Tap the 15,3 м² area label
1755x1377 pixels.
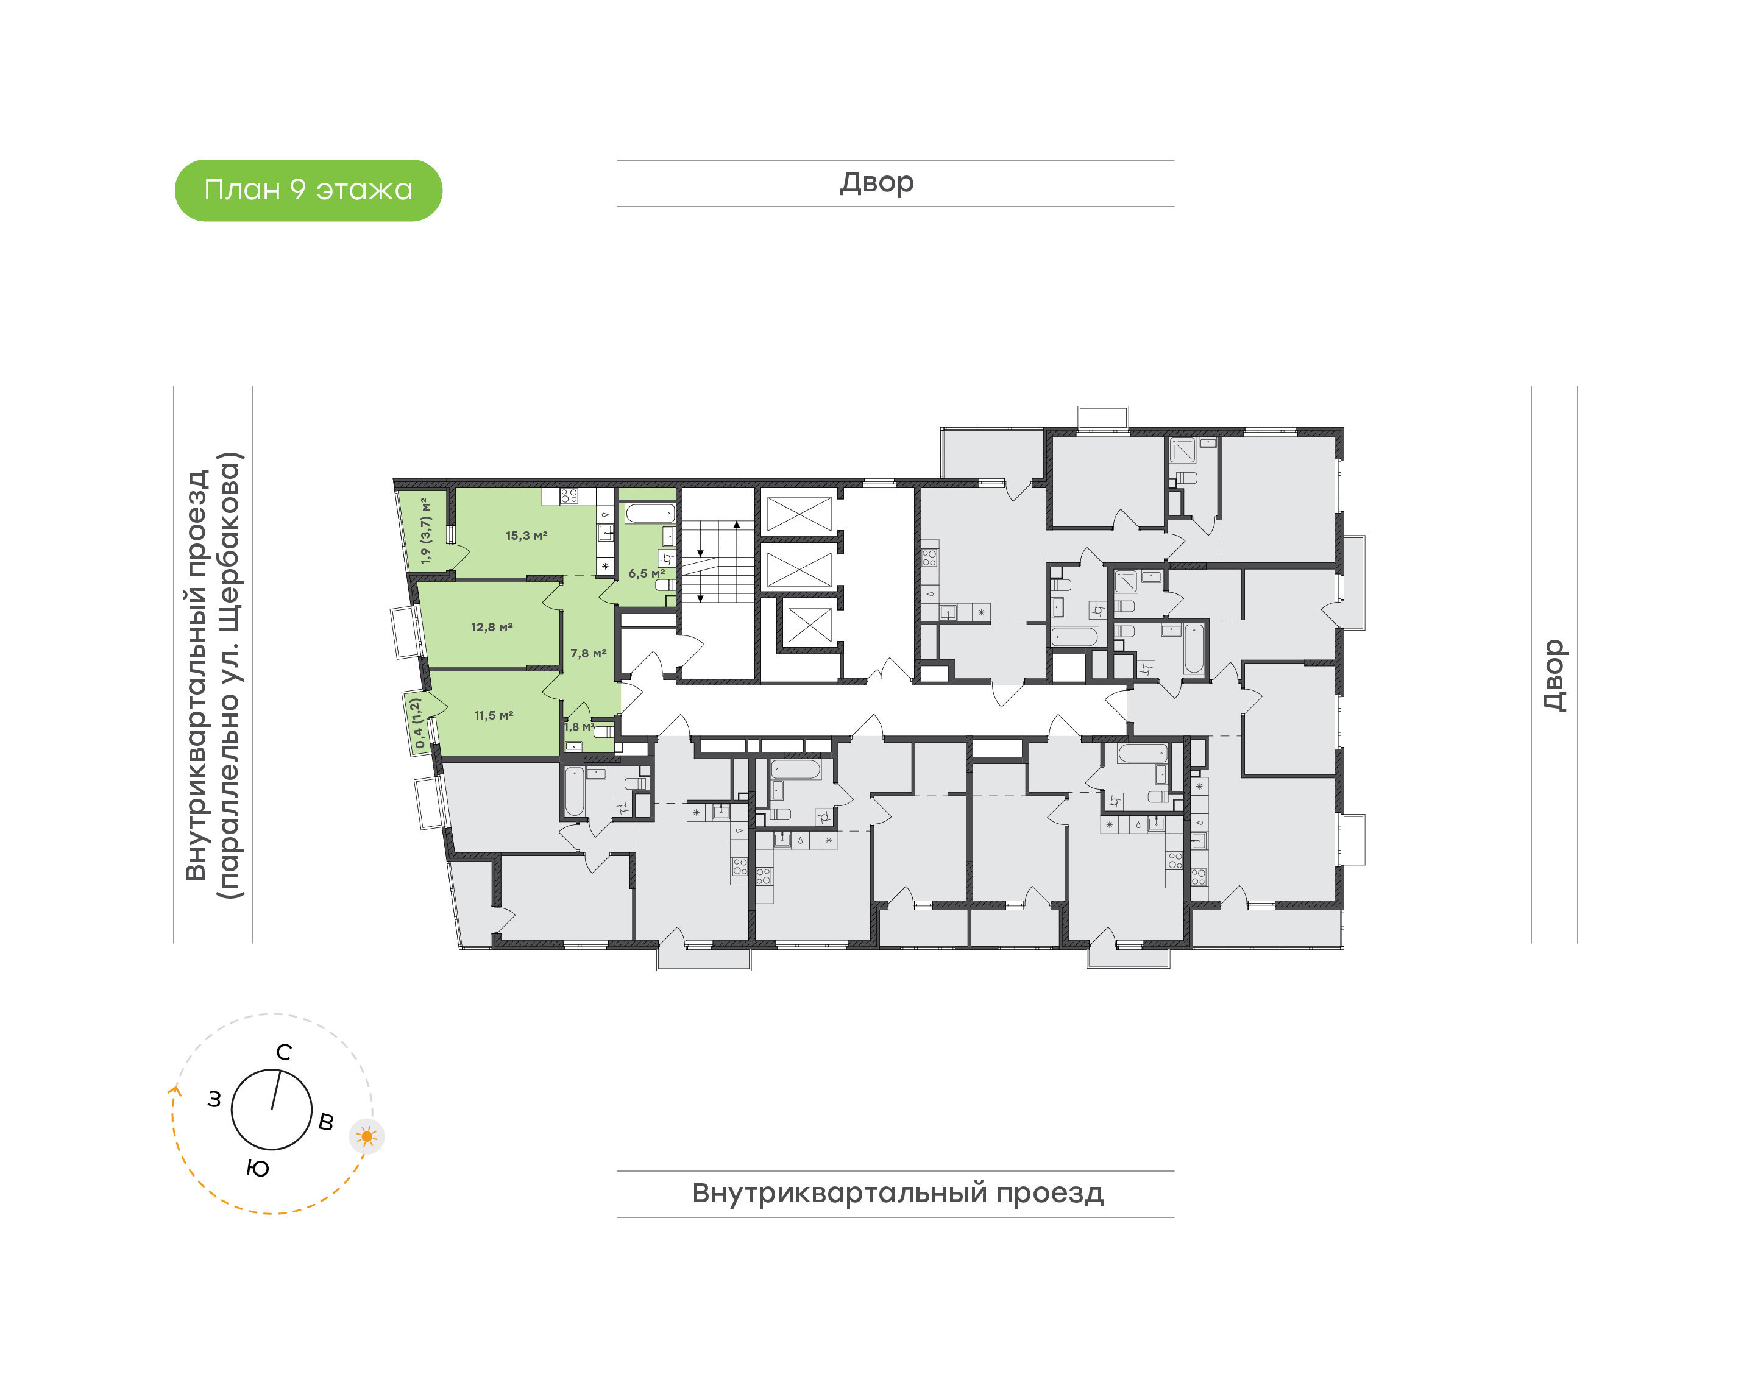tap(526, 536)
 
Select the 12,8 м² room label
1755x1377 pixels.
tap(492, 626)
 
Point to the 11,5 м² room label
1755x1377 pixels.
tap(494, 715)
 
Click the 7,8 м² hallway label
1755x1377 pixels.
tap(589, 653)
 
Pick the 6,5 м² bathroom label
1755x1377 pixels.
tap(647, 573)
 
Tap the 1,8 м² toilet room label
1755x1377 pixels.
tap(579, 726)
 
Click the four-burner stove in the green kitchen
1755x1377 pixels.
tap(569, 496)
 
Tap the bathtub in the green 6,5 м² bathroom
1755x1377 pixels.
tap(650, 513)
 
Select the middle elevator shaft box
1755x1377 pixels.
tap(798, 570)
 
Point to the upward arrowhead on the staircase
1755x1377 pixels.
tap(737, 525)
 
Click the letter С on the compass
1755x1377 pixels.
tap(284, 1052)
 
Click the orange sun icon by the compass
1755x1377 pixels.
tap(367, 1137)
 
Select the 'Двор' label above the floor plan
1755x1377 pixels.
tap(877, 183)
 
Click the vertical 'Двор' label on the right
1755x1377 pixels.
tap(1555, 676)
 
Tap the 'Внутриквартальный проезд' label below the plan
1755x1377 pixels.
tap(897, 1193)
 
